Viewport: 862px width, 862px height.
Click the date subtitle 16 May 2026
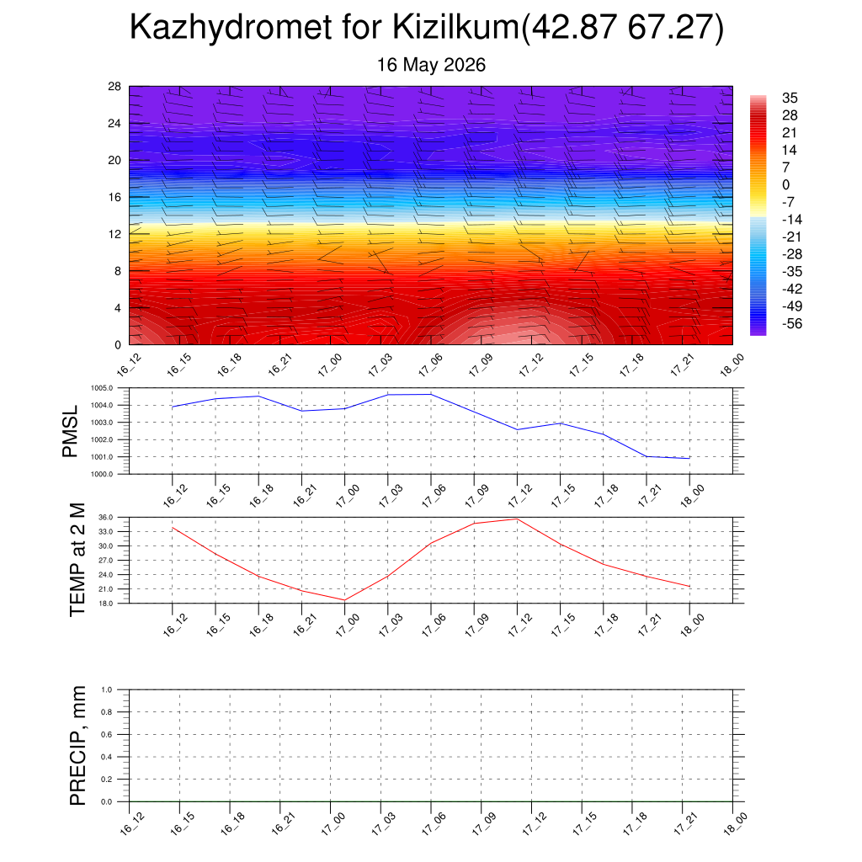(x=431, y=65)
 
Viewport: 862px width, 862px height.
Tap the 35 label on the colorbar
(x=790, y=98)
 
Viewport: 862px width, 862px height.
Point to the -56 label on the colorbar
(x=791, y=323)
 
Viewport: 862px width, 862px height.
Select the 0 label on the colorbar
(x=785, y=184)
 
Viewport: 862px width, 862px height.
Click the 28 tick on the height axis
(x=114, y=87)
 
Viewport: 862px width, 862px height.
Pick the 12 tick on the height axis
(x=114, y=234)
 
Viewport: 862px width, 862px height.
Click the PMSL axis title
(x=70, y=431)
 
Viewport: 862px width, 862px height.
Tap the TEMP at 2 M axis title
(x=77, y=560)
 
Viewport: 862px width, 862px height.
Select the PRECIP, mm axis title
(x=77, y=746)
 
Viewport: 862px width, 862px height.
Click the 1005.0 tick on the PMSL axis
(x=102, y=388)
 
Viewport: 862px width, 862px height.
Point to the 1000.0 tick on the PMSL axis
(x=102, y=474)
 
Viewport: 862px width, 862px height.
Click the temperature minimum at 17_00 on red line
(x=344, y=600)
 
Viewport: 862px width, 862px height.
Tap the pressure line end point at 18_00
(x=689, y=458)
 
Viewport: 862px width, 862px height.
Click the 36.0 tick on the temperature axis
(x=106, y=518)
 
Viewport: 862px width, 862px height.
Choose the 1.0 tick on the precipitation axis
(x=107, y=689)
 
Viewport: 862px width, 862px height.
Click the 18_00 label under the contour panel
(x=732, y=365)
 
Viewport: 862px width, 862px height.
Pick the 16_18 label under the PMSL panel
(x=262, y=495)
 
